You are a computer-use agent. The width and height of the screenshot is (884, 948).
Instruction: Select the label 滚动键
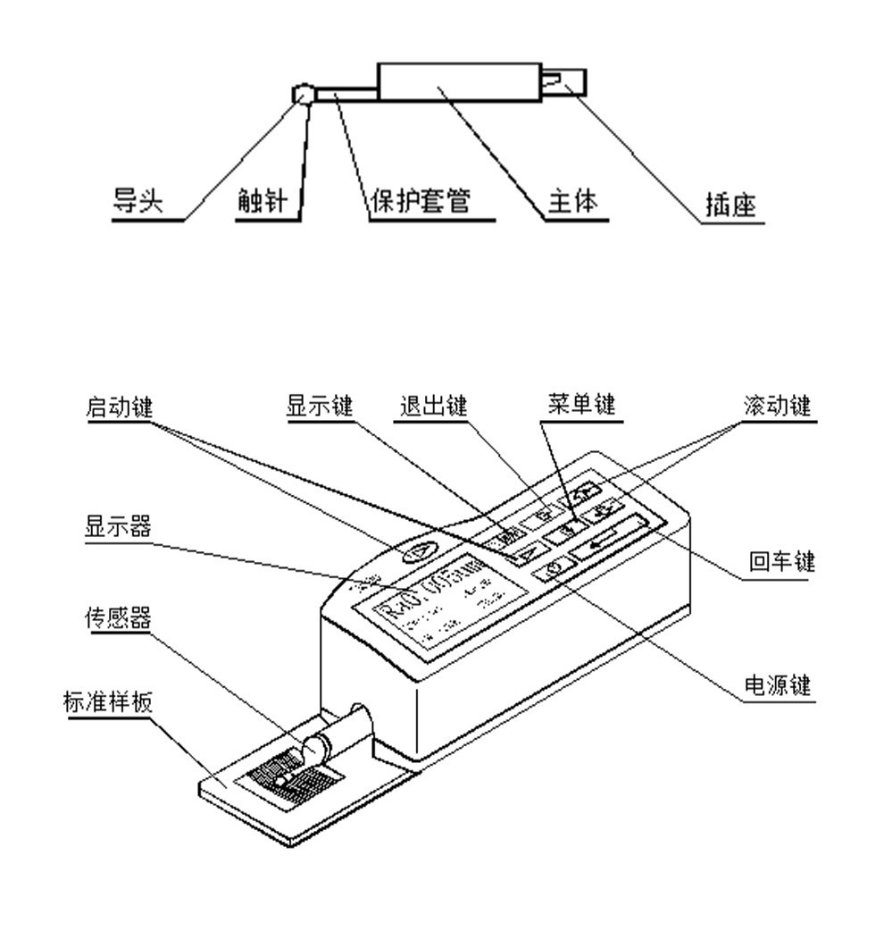(x=777, y=407)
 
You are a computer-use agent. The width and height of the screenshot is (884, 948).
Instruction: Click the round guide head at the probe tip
(x=303, y=93)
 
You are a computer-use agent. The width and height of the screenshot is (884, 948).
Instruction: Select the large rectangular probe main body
(x=459, y=81)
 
